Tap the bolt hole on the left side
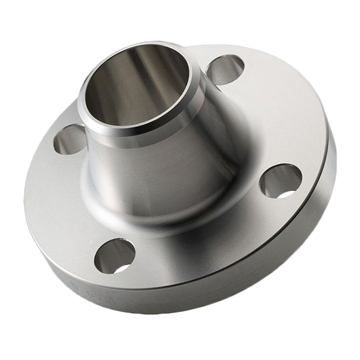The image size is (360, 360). coord(69,139)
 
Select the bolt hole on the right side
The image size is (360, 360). coord(281,180)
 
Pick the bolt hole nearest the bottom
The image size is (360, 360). coord(114,255)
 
